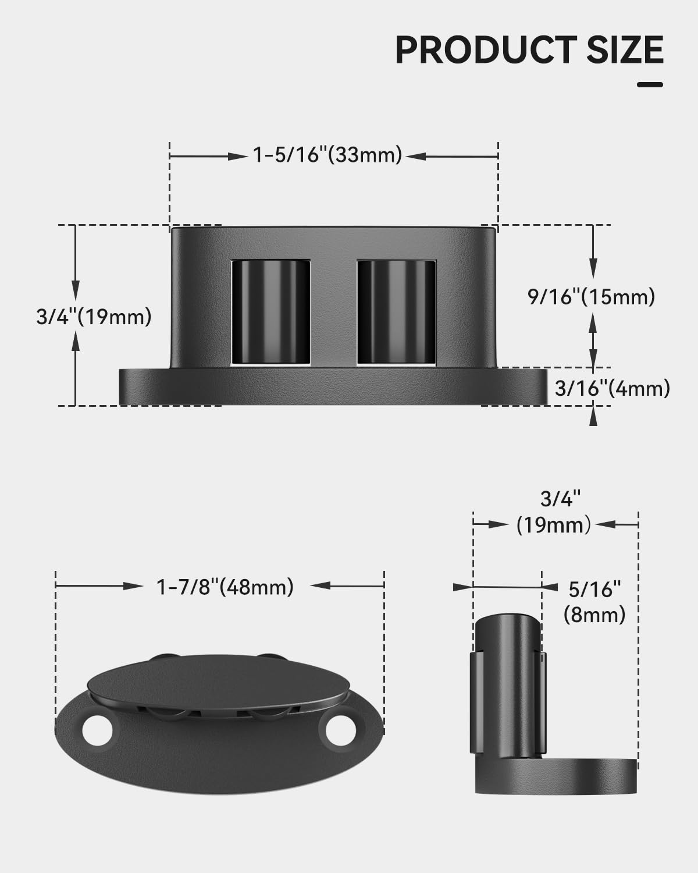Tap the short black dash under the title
[x=650, y=85]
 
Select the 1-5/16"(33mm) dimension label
[x=327, y=155]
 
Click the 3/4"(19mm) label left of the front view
[x=94, y=317]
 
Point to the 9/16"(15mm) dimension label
[x=591, y=297]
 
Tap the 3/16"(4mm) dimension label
[x=612, y=388]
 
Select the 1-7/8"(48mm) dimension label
[x=225, y=587]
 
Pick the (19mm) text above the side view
[x=553, y=525]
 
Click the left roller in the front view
[x=270, y=313]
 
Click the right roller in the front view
[x=396, y=313]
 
